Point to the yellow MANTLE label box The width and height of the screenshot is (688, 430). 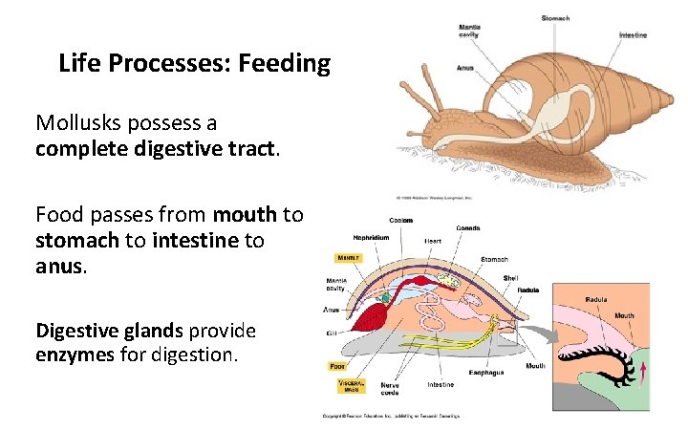pos(346,257)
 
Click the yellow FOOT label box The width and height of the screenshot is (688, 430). pos(336,365)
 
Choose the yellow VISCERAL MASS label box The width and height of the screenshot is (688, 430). pos(350,386)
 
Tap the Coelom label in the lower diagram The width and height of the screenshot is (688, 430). pos(401,220)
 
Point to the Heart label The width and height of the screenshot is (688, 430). pos(433,241)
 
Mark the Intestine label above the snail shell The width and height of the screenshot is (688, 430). pos(633,35)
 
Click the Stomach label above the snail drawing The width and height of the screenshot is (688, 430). pos(555,17)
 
